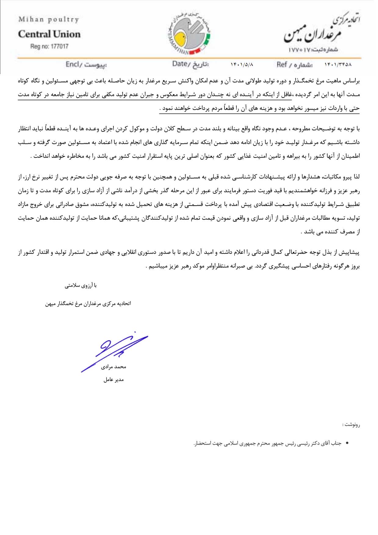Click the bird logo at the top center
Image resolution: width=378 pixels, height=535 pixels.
pos(189,33)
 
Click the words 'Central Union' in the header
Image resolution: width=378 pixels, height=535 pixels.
pos(49,34)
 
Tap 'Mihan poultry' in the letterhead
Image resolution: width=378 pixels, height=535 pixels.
pos(49,20)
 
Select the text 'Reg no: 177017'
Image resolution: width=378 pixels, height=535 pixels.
pos(49,46)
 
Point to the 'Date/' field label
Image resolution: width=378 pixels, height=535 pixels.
pos(180,64)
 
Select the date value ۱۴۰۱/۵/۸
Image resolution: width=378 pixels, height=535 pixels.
pos(242,65)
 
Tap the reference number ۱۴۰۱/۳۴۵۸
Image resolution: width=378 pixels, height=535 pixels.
pos(338,65)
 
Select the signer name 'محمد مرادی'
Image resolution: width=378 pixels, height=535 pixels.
pos(113,367)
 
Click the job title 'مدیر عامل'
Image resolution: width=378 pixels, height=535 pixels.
pos(113,380)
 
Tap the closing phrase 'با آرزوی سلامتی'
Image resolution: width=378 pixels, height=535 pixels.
pos(81,286)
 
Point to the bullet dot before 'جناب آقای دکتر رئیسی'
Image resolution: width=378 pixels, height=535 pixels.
pos(347,443)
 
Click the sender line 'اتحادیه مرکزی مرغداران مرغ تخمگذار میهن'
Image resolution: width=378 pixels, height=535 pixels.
pos(88,303)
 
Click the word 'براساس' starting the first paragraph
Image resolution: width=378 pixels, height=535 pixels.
pos(352,81)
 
